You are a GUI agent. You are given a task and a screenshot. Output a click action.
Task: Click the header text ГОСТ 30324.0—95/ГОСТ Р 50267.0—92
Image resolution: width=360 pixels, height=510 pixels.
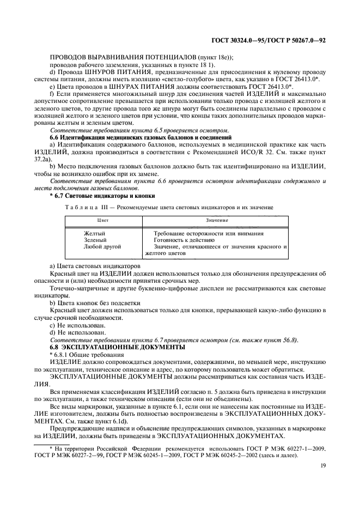pos(270,40)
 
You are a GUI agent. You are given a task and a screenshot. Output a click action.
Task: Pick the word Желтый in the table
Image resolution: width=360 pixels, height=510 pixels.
pos(95,233)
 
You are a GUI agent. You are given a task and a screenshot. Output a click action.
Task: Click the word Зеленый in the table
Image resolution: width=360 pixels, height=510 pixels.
pos(95,240)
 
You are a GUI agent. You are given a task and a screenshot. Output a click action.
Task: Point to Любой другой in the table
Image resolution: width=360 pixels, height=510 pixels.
pos(102,246)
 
